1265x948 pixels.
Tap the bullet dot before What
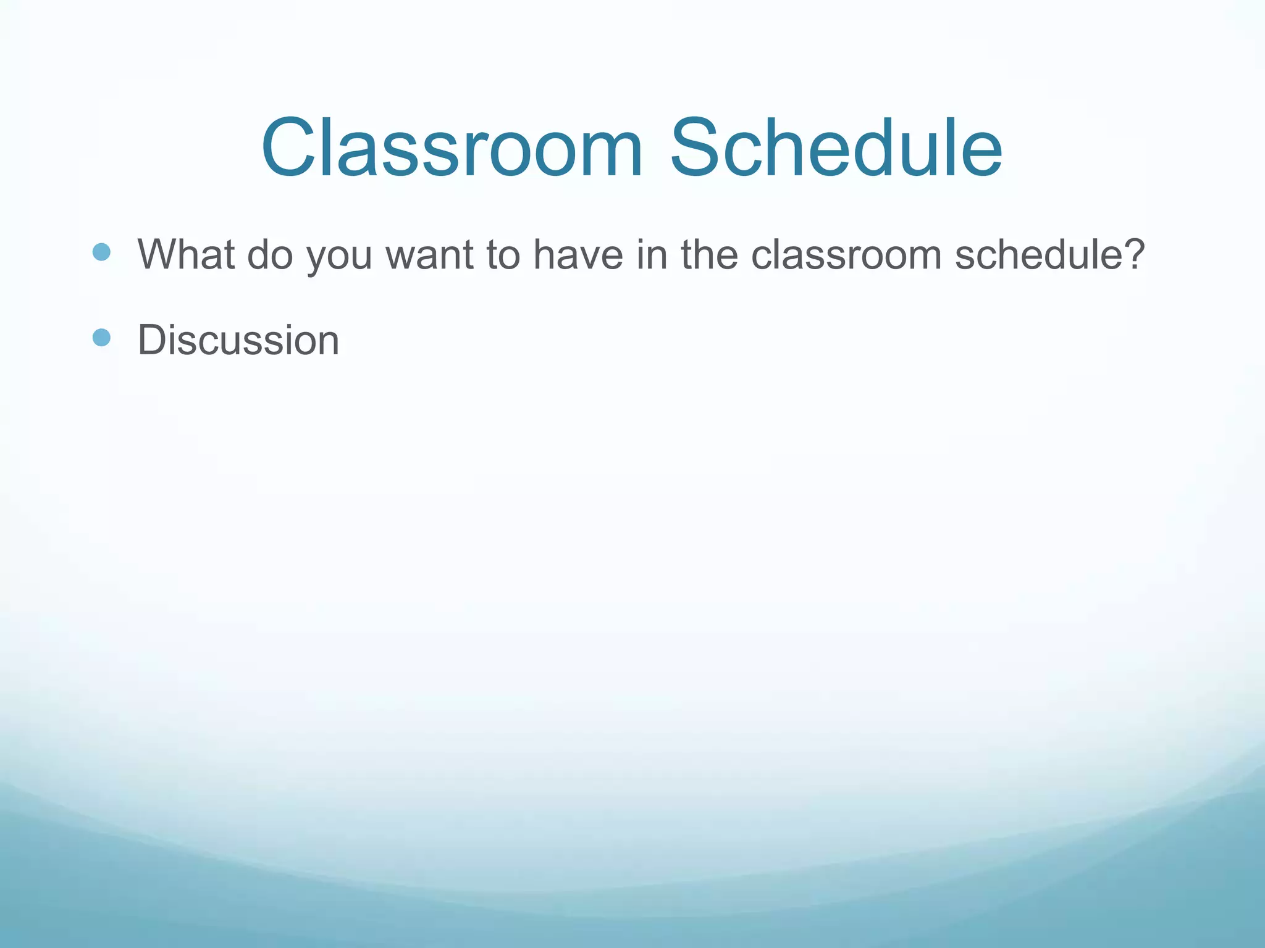(x=101, y=252)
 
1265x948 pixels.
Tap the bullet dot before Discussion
(x=101, y=338)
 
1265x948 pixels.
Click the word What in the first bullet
(x=185, y=254)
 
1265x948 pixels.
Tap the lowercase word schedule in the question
(x=1035, y=254)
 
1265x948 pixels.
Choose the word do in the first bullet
(x=270, y=254)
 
